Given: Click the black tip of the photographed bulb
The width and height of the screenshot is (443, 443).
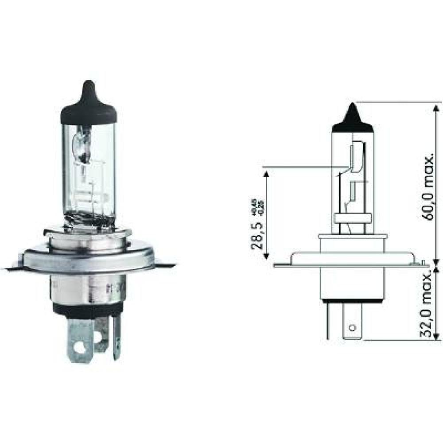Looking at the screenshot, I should (x=89, y=102).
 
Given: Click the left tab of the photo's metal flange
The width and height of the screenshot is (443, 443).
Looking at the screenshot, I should (x=13, y=267).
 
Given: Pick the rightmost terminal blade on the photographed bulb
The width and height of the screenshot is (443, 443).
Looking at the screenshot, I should (x=117, y=339).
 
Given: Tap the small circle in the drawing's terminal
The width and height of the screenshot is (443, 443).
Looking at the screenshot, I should (x=352, y=328).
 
